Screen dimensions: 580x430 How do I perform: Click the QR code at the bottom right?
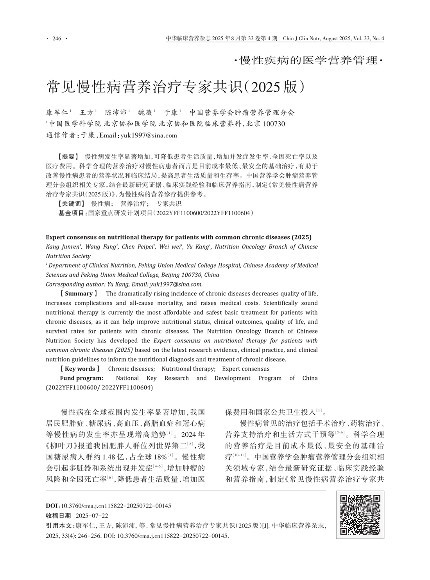pos(360,515)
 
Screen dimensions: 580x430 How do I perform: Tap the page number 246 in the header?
pos(57,38)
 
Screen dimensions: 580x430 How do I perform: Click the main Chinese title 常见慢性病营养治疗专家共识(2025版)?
pos(176,87)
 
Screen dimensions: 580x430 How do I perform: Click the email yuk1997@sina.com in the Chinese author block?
pos(150,135)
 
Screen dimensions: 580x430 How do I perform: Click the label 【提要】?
pos(68,157)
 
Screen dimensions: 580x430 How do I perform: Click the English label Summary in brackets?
pos(79,294)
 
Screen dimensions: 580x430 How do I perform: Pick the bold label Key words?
pos(80,369)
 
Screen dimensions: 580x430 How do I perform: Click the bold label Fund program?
pos(81,378)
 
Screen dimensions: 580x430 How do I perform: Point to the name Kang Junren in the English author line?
pos(63,247)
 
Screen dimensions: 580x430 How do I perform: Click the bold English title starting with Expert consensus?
pos(178,237)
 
